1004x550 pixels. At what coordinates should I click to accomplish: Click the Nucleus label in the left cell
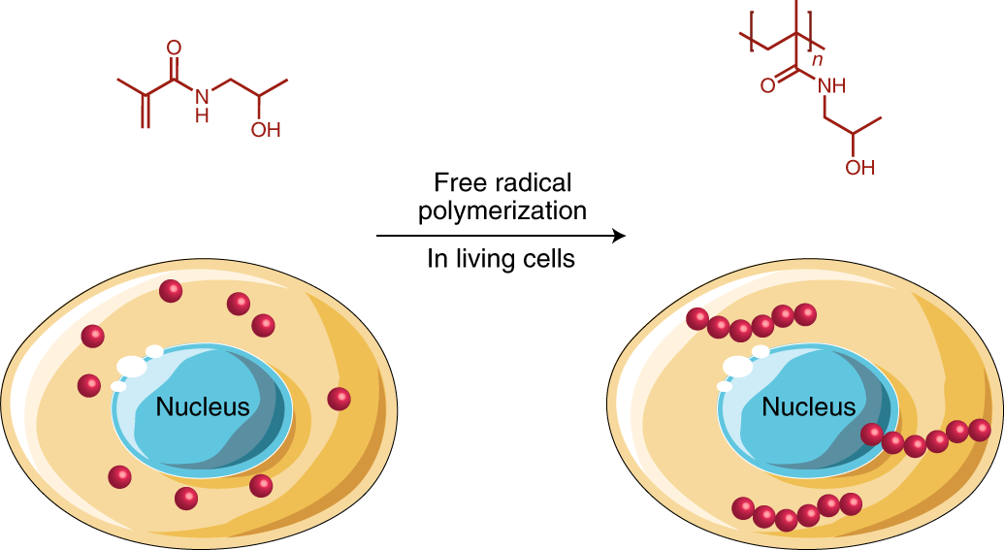pyautogui.click(x=203, y=407)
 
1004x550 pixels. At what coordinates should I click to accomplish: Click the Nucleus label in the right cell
pyautogui.click(x=809, y=406)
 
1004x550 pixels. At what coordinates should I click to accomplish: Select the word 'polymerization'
pyautogui.click(x=502, y=210)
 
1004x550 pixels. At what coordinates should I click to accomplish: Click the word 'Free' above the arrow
pyautogui.click(x=457, y=182)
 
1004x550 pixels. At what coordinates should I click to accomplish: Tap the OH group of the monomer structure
pyautogui.click(x=265, y=129)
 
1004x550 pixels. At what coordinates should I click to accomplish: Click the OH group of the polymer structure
pyautogui.click(x=859, y=167)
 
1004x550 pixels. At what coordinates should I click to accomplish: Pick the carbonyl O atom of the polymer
pyautogui.click(x=767, y=85)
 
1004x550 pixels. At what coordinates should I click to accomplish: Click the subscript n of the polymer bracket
pyautogui.click(x=820, y=59)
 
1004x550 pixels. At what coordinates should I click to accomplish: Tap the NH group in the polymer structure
pyautogui.click(x=831, y=85)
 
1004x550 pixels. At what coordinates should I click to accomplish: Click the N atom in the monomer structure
pyautogui.click(x=201, y=95)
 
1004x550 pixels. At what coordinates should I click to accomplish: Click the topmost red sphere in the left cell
pyautogui.click(x=171, y=291)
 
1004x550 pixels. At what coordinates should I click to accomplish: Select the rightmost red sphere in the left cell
pyautogui.click(x=339, y=399)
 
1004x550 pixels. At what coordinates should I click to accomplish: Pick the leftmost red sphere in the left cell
pyautogui.click(x=88, y=385)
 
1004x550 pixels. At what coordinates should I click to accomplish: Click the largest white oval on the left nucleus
pyautogui.click(x=130, y=367)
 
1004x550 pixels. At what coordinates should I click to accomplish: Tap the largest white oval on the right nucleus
pyautogui.click(x=737, y=367)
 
